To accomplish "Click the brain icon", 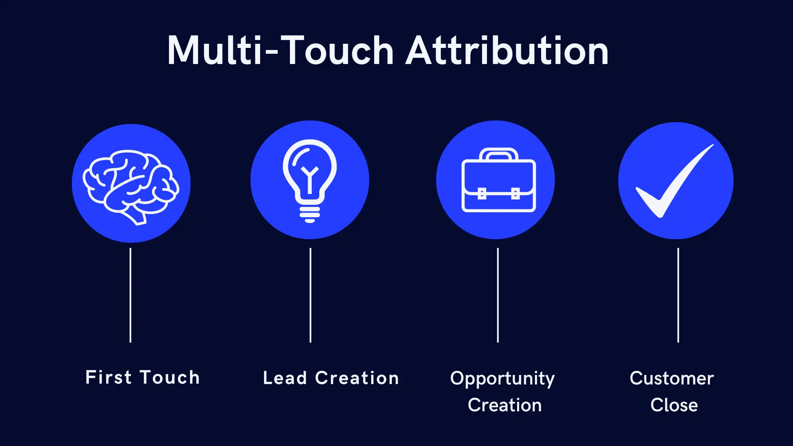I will pyautogui.click(x=131, y=186).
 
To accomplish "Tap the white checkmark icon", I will pyautogui.click(x=674, y=182).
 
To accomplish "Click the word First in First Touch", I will pyautogui.click(x=108, y=377).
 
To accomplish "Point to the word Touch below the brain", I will pyautogui.click(x=170, y=377).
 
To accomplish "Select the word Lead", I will pyautogui.click(x=285, y=378).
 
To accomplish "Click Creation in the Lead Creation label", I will pyautogui.click(x=357, y=378).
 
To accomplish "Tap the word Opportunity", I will pyautogui.click(x=502, y=379).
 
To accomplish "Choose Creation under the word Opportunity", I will pyautogui.click(x=505, y=405).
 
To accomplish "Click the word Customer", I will pyautogui.click(x=672, y=378).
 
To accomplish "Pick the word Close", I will pyautogui.click(x=674, y=405).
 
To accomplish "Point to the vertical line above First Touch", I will pyautogui.click(x=131, y=295).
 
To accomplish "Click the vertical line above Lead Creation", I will pyautogui.click(x=311, y=295).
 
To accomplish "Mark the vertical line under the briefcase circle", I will pyautogui.click(x=498, y=295).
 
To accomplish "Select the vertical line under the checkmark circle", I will pyautogui.click(x=678, y=295).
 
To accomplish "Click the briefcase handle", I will pyautogui.click(x=499, y=154).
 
